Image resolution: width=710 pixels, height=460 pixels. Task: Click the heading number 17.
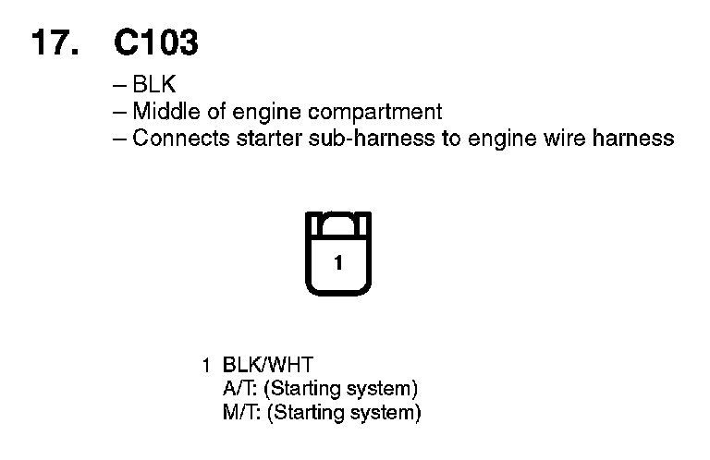pyautogui.click(x=55, y=42)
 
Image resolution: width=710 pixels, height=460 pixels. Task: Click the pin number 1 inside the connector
pyautogui.click(x=337, y=263)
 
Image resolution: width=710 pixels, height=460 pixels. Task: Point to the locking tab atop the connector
pyautogui.click(x=337, y=222)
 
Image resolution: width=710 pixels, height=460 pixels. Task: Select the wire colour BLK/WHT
pyautogui.click(x=274, y=365)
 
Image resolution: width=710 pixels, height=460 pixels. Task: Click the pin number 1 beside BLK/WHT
pyautogui.click(x=206, y=365)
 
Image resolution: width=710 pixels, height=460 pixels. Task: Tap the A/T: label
pyautogui.click(x=241, y=387)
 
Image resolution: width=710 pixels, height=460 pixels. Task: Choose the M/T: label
pyautogui.click(x=242, y=412)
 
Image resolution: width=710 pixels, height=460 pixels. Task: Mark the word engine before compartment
pyautogui.click(x=261, y=113)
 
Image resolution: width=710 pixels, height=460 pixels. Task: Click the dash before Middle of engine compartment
pyautogui.click(x=118, y=113)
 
